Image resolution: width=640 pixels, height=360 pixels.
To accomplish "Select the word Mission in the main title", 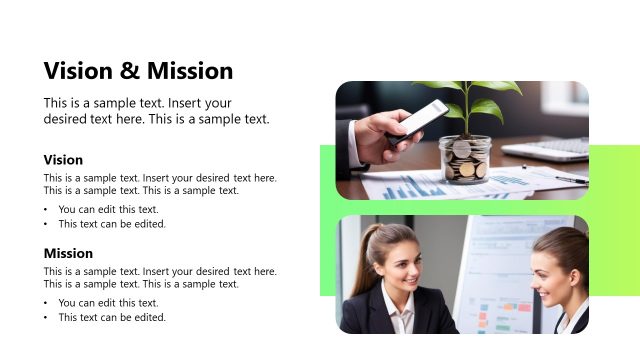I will coord(190,71).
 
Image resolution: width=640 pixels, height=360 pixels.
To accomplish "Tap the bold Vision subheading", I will coord(63,160).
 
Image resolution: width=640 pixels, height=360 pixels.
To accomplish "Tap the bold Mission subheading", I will coord(68,253).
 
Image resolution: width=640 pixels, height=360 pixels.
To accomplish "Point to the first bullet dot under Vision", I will coord(46,210).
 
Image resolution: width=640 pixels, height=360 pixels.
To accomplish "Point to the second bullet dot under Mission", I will coord(46,318).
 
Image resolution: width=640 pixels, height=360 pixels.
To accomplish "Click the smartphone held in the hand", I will coord(420,120).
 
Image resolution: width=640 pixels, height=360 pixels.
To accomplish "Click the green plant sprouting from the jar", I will coord(468,100).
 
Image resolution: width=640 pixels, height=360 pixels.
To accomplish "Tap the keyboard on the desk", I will coord(548,148).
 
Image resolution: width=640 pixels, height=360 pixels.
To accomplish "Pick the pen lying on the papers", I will coord(571,179).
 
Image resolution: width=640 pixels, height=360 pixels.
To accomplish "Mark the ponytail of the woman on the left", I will coord(360,262).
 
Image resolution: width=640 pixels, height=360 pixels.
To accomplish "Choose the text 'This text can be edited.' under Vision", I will coord(112,224).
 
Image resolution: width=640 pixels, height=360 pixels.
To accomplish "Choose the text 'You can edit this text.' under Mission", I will coord(109,303).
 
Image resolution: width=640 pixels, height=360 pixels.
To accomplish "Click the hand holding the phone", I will coord(375,135).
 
